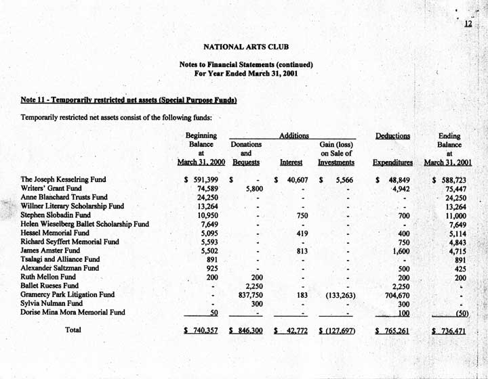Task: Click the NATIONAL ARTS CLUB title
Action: coord(245,47)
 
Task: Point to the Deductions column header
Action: coord(392,136)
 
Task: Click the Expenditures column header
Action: coord(393,162)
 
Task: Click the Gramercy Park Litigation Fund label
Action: coord(67,294)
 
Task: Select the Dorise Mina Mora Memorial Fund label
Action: coord(73,313)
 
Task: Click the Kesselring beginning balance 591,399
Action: coord(203,179)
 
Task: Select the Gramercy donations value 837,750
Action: coord(247,294)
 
